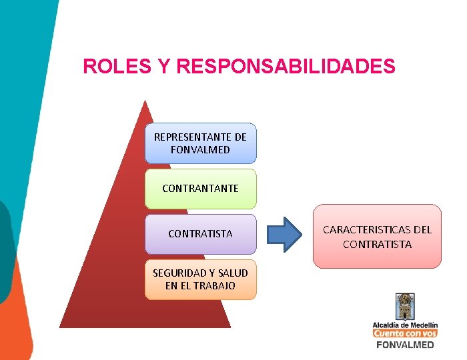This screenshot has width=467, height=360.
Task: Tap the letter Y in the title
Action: pyautogui.click(x=163, y=67)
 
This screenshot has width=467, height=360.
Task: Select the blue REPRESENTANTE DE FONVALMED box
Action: pyautogui.click(x=200, y=143)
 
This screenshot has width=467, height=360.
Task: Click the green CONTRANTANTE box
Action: pyautogui.click(x=200, y=189)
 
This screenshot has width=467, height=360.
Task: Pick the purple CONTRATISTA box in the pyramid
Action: pyautogui.click(x=200, y=234)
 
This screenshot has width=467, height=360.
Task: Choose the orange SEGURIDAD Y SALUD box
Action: pyautogui.click(x=200, y=279)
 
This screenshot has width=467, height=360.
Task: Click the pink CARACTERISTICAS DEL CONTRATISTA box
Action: pyautogui.click(x=377, y=237)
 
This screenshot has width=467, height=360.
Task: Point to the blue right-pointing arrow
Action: pyautogui.click(x=284, y=235)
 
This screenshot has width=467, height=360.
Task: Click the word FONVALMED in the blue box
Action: pyautogui.click(x=200, y=150)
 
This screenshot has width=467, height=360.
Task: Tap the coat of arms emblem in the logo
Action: pyautogui.click(x=405, y=307)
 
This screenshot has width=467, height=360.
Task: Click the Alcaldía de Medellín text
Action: pyautogui.click(x=405, y=325)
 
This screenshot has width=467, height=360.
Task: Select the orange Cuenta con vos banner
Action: pyautogui.click(x=405, y=333)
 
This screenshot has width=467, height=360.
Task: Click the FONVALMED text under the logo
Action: pyautogui.click(x=405, y=345)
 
